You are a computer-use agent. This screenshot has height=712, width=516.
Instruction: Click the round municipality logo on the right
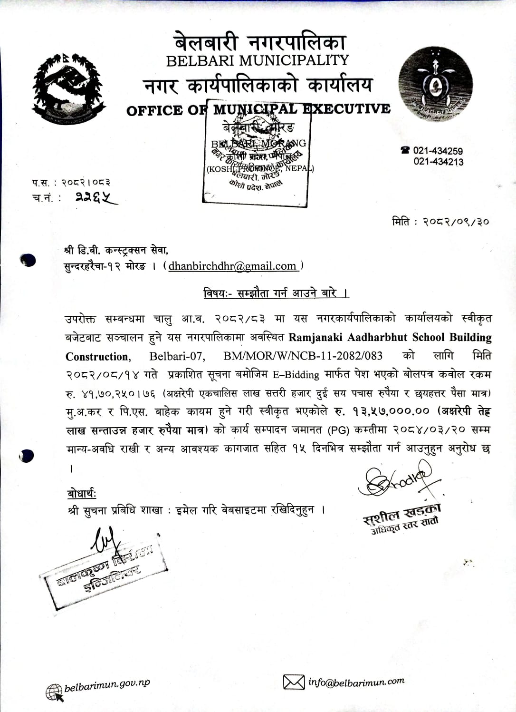pyautogui.click(x=435, y=85)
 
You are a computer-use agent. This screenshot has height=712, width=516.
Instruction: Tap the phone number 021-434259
pyautogui.click(x=438, y=151)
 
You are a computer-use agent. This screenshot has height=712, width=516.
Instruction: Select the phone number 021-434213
pyautogui.click(x=438, y=162)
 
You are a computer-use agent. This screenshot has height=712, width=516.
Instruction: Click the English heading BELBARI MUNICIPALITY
pyautogui.click(x=258, y=61)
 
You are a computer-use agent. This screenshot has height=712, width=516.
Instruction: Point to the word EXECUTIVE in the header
pyautogui.click(x=347, y=108)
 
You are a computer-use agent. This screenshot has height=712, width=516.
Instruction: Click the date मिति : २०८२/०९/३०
pyautogui.click(x=440, y=222)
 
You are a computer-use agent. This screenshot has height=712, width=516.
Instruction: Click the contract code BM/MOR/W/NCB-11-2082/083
pyautogui.click(x=303, y=356)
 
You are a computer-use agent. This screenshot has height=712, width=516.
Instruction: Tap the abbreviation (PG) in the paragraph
pyautogui.click(x=338, y=430)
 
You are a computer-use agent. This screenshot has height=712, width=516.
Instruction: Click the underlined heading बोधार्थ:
pyautogui.click(x=82, y=494)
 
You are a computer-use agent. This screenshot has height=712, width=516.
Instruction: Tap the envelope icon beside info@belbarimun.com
pyautogui.click(x=294, y=682)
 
